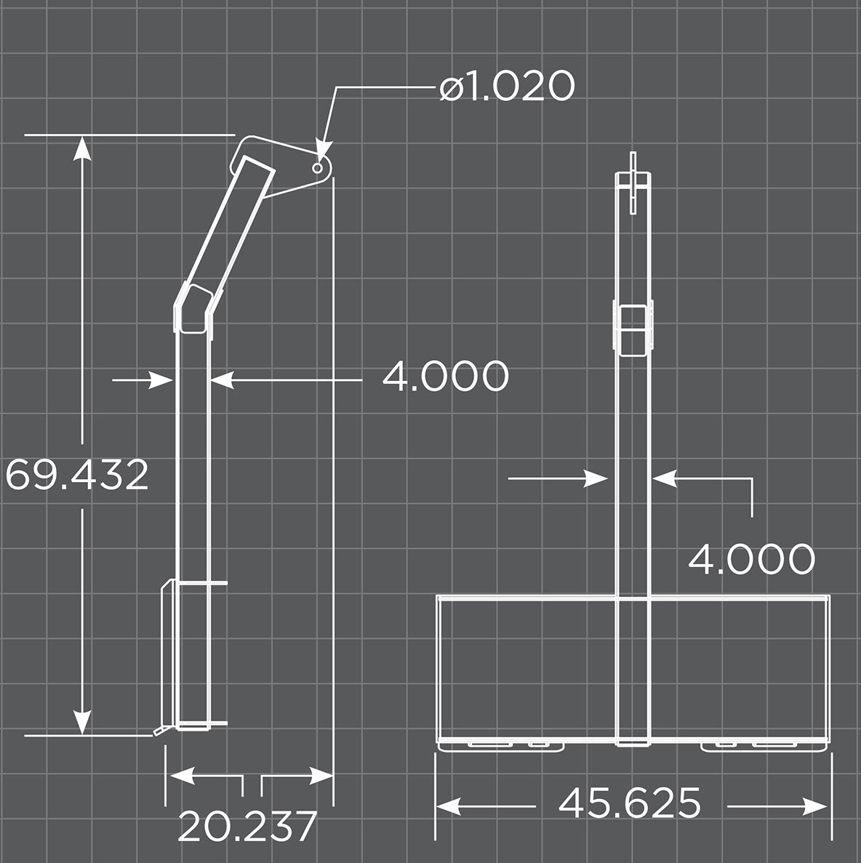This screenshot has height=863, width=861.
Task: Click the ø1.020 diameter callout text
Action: [507, 87]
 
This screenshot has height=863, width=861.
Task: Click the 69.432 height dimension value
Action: [77, 475]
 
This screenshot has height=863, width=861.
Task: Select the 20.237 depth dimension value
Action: [247, 826]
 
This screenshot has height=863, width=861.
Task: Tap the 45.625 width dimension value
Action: [630, 803]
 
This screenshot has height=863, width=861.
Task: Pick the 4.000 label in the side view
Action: [445, 377]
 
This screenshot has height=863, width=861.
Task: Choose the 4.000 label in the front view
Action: [751, 559]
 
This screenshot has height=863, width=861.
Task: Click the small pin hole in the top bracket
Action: [318, 168]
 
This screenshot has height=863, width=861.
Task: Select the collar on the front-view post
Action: [633, 329]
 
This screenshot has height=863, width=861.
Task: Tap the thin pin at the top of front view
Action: [633, 182]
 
